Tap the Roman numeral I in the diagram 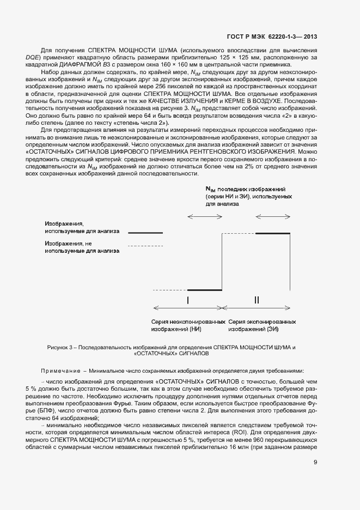coord(188,300)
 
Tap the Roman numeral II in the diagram coord(257,300)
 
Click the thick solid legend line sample coord(145,233)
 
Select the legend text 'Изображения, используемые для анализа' coord(82,228)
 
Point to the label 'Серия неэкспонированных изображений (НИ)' coord(189,325)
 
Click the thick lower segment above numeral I coord(205,290)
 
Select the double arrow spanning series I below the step coord(188,308)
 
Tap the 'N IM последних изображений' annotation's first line coord(245,188)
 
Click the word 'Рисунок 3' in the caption coord(60,347)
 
